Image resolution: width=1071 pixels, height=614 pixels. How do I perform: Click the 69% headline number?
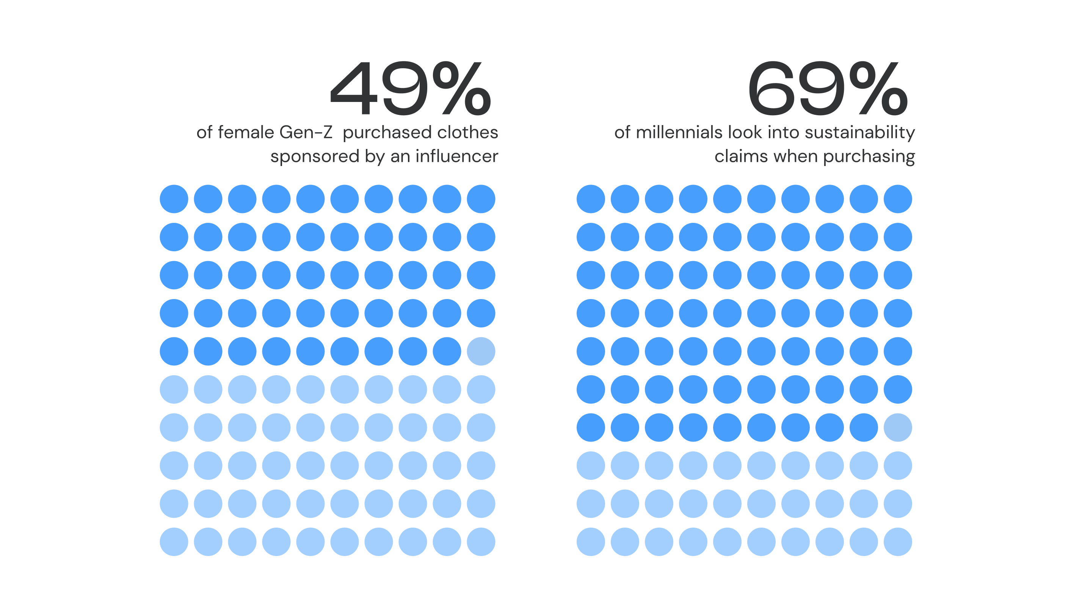click(x=827, y=88)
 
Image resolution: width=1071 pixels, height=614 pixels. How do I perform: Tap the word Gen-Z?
click(x=306, y=132)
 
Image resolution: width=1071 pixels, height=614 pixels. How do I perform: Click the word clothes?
click(x=467, y=132)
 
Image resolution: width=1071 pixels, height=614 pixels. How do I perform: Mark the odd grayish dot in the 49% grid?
click(x=481, y=351)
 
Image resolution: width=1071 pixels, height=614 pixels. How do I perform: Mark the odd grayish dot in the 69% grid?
click(x=898, y=428)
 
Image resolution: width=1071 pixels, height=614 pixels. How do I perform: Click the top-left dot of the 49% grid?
click(x=174, y=199)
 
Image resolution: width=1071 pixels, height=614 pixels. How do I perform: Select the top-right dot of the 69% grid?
click(x=898, y=199)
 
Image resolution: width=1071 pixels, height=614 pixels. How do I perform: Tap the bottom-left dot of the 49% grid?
click(x=174, y=542)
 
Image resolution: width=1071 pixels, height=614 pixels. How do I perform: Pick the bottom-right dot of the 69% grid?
click(x=898, y=542)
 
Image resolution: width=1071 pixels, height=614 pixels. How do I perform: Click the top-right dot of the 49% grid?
click(x=481, y=199)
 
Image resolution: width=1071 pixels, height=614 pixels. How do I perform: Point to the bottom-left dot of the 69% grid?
click(x=591, y=542)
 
